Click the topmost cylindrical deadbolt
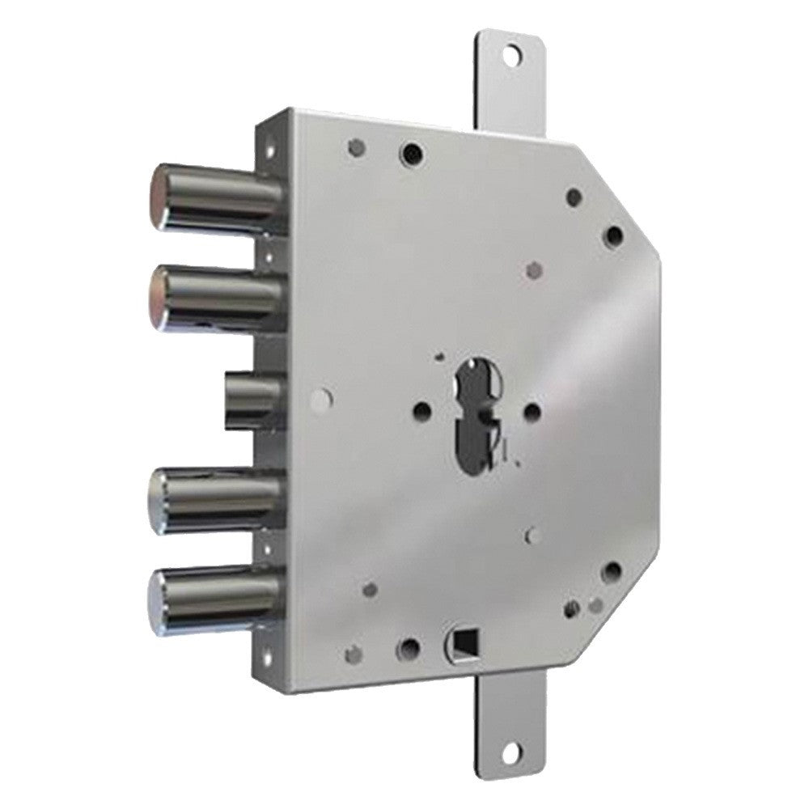[214, 197]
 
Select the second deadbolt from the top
[214, 296]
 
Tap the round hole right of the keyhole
[532, 412]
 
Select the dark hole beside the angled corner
[614, 236]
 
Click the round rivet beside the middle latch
[321, 397]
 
